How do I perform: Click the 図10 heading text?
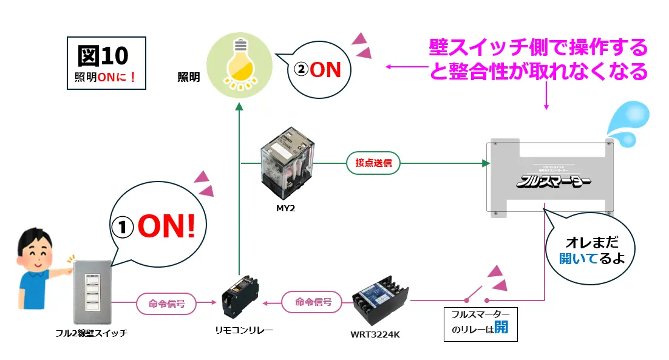click(103, 56)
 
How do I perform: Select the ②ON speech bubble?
click(318, 70)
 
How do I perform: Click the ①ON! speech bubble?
click(159, 226)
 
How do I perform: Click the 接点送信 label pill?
click(373, 163)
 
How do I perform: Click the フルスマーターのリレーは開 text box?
click(476, 324)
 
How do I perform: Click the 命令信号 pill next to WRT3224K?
click(313, 302)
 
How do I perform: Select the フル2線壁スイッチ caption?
click(90, 333)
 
